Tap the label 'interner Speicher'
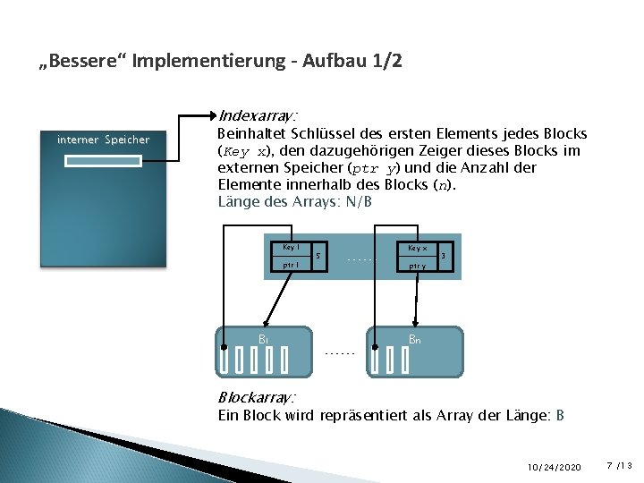pos(103,140)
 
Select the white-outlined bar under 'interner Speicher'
pos(103,161)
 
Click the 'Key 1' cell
pos(291,247)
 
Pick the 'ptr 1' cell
pos(291,265)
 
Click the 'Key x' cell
pos(417,248)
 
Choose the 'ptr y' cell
pos(417,266)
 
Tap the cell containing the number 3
pos(445,257)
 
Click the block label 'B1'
pos(264,339)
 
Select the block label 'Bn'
pos(414,339)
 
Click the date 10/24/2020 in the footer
pos(555,467)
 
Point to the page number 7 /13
pos(618,466)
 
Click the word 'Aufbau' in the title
pos(328,62)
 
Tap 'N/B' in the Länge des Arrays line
pos(358,202)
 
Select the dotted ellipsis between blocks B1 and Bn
pos(340,353)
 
